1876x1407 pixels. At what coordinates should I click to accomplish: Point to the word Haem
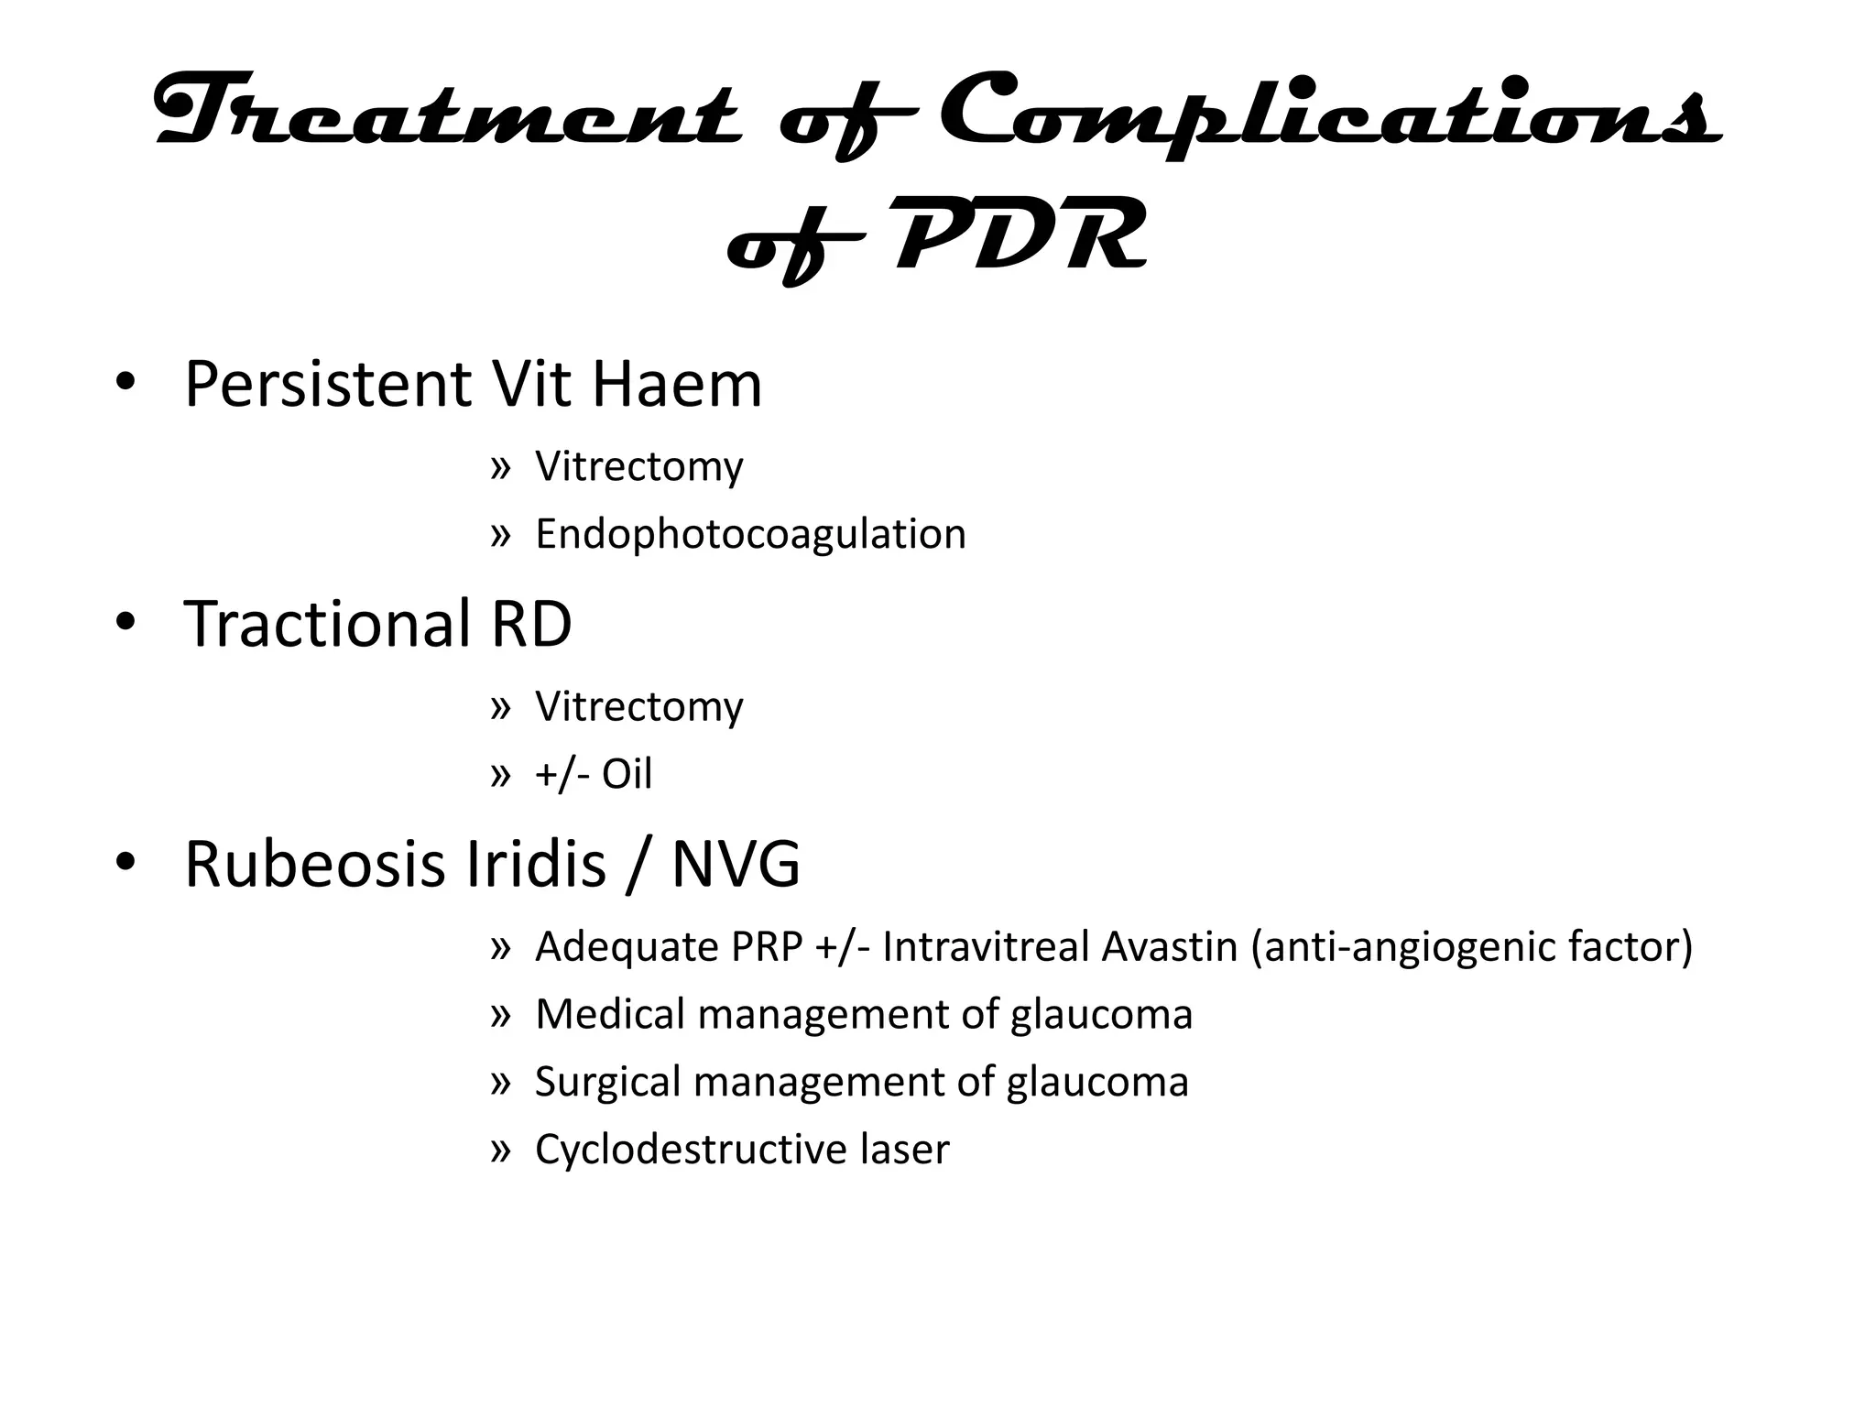676,385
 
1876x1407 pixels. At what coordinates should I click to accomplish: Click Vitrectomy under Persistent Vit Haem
638,467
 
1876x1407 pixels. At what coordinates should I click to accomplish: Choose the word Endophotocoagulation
750,534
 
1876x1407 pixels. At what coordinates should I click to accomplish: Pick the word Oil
627,775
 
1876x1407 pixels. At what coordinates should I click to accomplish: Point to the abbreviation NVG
736,865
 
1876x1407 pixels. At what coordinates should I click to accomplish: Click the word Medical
609,1015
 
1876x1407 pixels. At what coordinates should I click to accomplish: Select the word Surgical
605,1083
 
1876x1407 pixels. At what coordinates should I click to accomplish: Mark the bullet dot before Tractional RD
125,623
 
